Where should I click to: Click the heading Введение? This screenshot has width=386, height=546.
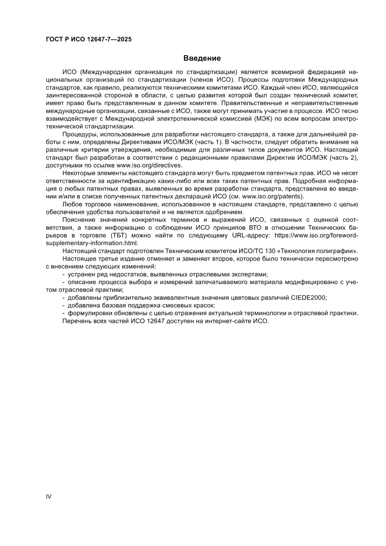click(202, 58)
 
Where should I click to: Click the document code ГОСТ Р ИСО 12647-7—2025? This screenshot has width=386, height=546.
click(89, 40)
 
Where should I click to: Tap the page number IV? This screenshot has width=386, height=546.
click(48, 496)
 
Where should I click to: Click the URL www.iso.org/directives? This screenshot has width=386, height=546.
click(150, 165)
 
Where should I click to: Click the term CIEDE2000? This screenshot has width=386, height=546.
click(308, 297)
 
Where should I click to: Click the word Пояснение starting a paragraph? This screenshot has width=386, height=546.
click(78, 220)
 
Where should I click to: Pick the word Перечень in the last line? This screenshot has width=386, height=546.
click(76, 321)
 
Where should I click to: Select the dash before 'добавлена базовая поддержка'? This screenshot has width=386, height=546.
click(63, 305)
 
